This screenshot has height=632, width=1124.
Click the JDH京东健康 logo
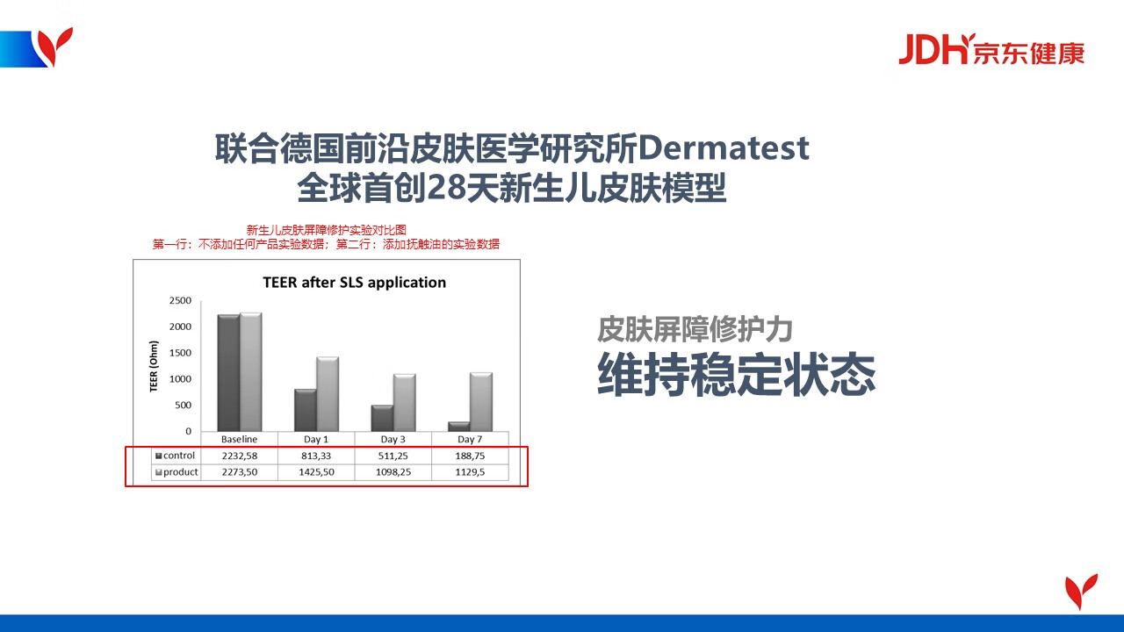tap(991, 49)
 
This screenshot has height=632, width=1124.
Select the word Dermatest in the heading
tap(724, 148)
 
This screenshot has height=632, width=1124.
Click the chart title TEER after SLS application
tap(354, 283)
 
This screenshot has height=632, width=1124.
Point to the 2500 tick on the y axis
tap(180, 300)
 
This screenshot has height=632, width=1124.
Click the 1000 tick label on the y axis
tap(180, 379)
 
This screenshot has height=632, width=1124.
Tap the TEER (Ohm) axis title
tap(154, 366)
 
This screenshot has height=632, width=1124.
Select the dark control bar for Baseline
tap(229, 373)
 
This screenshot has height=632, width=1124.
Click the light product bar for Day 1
tap(328, 394)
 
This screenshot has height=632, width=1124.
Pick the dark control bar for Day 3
tap(382, 418)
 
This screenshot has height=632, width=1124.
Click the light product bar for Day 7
tap(481, 402)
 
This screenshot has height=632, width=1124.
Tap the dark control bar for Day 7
tap(459, 427)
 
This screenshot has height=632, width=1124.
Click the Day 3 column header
tap(393, 440)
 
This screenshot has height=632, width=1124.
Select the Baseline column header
tap(240, 440)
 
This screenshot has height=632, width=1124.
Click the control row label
tap(176, 456)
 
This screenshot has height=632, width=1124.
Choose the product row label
tap(177, 472)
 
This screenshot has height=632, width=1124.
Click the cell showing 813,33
tap(316, 456)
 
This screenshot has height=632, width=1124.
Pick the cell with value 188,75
tap(470, 456)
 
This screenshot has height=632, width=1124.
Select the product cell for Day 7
tap(470, 472)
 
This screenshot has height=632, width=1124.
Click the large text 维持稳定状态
tap(737, 374)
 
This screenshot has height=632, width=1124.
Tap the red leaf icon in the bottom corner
tap(1081, 592)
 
